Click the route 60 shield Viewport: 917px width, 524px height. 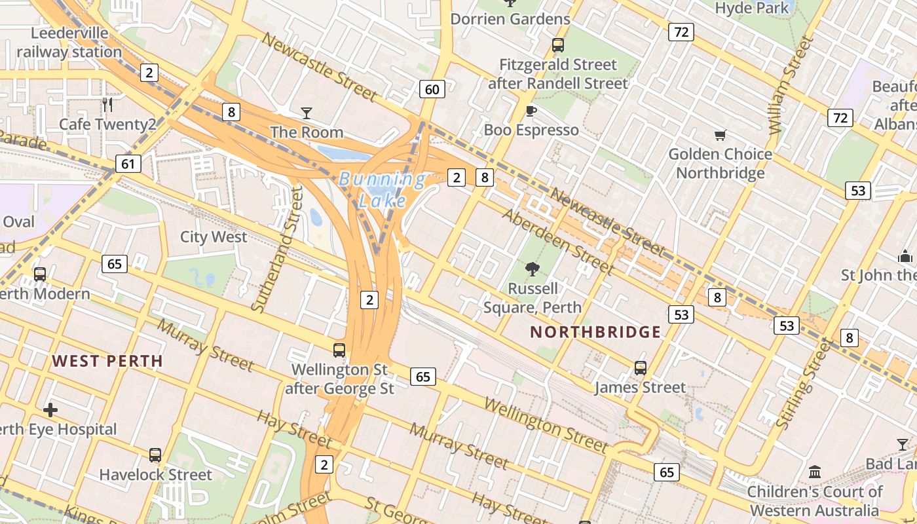pyautogui.click(x=432, y=89)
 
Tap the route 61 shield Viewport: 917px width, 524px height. pyautogui.click(x=128, y=163)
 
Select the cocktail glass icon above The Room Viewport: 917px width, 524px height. pyautogui.click(x=306, y=113)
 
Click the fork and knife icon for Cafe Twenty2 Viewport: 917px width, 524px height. pyautogui.click(x=108, y=104)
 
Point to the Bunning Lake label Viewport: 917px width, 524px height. pyautogui.click(x=382, y=189)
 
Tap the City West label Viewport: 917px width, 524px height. pyautogui.click(x=214, y=237)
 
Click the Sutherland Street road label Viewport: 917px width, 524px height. pyautogui.click(x=278, y=248)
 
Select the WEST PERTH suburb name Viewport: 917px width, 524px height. pyautogui.click(x=107, y=361)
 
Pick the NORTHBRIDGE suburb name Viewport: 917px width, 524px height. pyautogui.click(x=595, y=332)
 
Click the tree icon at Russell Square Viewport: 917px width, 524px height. pyautogui.click(x=532, y=269)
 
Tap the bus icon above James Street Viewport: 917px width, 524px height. pyautogui.click(x=641, y=368)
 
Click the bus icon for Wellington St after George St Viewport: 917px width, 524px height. pyautogui.click(x=339, y=350)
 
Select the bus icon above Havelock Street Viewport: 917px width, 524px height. pyautogui.click(x=155, y=455)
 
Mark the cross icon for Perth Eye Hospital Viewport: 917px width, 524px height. pyautogui.click(x=50, y=411)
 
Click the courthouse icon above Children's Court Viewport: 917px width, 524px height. pyautogui.click(x=815, y=472)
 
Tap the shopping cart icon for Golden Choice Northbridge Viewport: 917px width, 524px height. pyautogui.click(x=720, y=136)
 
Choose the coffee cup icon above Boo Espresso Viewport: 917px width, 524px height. pyautogui.click(x=531, y=111)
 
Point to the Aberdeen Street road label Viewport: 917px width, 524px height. pyautogui.click(x=558, y=241)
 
